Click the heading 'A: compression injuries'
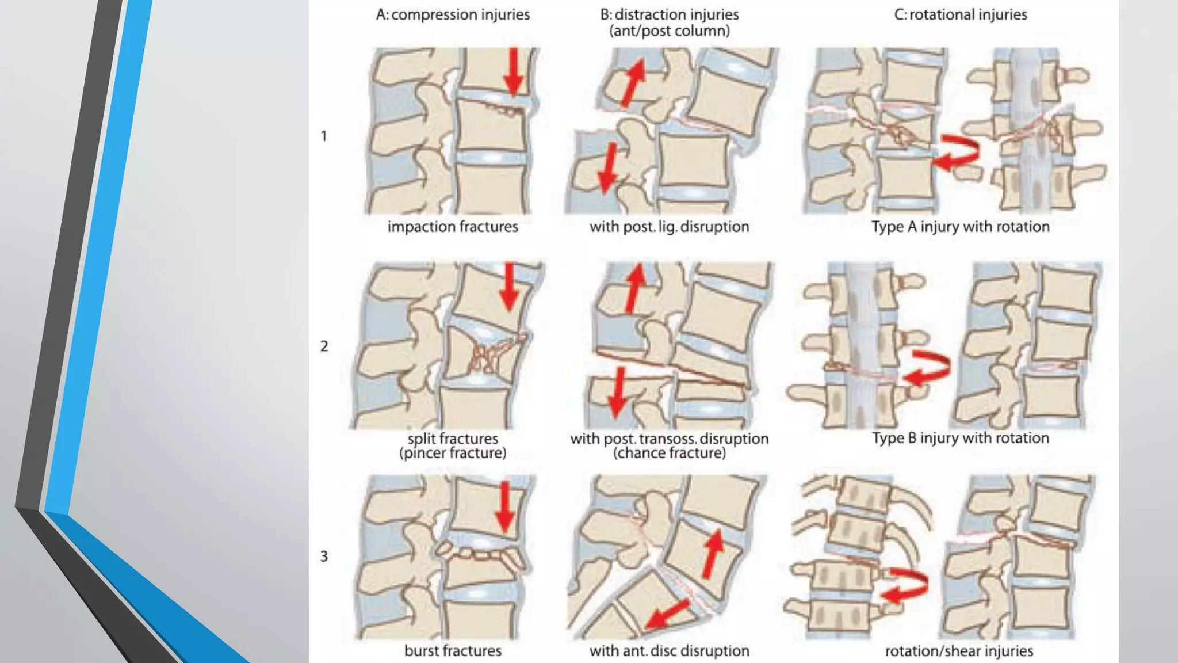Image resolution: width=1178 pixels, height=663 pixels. (x=453, y=14)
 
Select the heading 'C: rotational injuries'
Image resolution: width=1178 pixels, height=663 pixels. (x=960, y=14)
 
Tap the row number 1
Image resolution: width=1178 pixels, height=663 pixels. (x=324, y=136)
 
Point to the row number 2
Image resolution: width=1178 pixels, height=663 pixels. (x=324, y=346)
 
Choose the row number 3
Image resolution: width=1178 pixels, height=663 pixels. (x=324, y=556)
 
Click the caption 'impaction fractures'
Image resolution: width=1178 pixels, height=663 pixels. (x=453, y=227)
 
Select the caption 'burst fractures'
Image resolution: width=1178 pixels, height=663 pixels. (x=453, y=651)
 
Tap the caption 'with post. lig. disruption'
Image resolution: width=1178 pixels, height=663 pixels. (x=669, y=227)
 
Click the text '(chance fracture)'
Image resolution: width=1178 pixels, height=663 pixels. (x=669, y=454)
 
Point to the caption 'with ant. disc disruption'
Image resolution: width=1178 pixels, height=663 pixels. (x=669, y=651)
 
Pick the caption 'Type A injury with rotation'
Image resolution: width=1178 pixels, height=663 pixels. (x=960, y=227)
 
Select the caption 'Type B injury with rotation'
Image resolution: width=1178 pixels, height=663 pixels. (x=960, y=438)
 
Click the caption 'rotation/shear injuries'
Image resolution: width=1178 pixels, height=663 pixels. (x=959, y=651)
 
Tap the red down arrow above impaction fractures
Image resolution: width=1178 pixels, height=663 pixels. (x=514, y=72)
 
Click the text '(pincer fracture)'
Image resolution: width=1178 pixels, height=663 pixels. (x=453, y=454)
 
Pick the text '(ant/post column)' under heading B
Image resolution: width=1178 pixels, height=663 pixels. (x=669, y=31)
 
